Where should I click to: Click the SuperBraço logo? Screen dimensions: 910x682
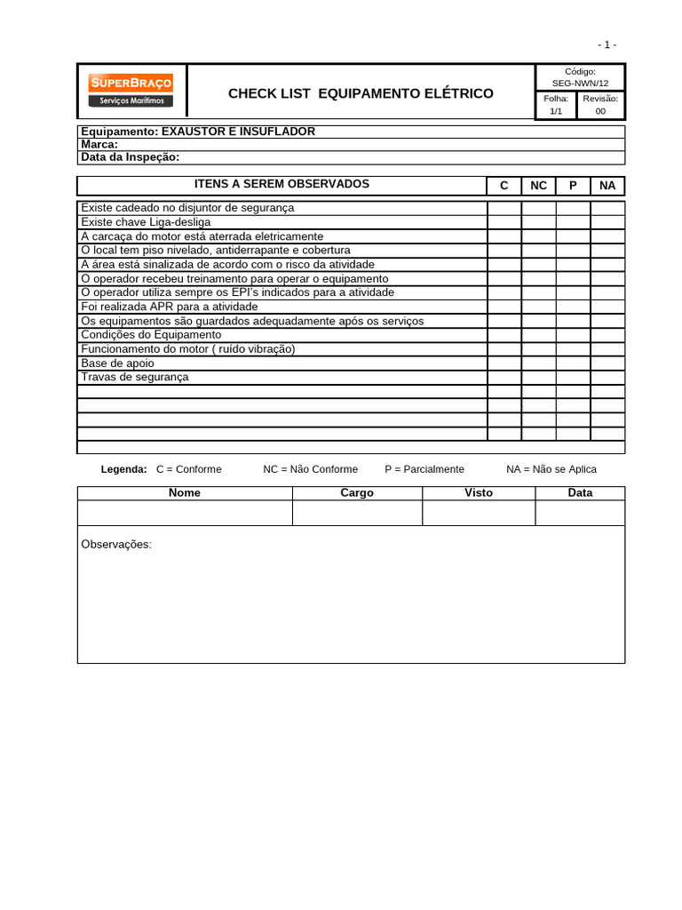point(131,92)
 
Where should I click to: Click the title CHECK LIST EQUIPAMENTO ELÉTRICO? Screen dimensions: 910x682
point(361,93)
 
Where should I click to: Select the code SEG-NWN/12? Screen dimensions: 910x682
point(580,83)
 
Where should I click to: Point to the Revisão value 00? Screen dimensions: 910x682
point(601,112)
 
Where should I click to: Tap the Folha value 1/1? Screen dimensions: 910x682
point(556,112)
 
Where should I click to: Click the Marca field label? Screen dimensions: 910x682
point(99,144)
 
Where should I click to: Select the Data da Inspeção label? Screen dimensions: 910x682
point(130,157)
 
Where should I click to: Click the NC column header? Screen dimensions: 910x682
point(538,186)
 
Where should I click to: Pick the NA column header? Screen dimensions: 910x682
point(607,186)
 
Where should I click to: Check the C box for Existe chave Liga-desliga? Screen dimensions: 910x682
point(504,222)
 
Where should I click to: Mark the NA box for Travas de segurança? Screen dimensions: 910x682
point(607,377)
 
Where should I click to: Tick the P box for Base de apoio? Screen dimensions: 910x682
point(573,363)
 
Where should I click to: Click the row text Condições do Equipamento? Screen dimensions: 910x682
point(151,335)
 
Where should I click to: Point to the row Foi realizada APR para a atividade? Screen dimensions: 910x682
point(169,307)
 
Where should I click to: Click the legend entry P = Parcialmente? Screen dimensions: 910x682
point(424,469)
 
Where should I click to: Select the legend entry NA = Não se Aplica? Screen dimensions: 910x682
point(551,469)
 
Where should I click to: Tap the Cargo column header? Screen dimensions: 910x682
point(357,493)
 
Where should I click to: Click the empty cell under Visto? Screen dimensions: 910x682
point(479,513)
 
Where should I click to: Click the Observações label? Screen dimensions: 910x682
point(116,544)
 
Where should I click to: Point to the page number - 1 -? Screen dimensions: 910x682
point(607,44)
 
